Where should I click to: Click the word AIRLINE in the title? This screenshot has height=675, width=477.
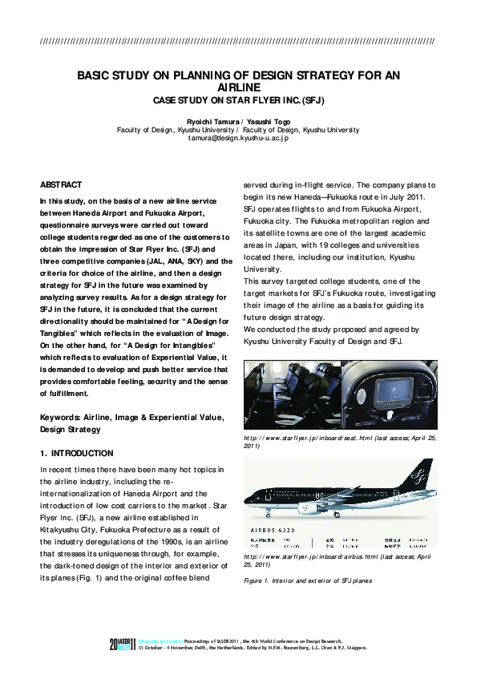[x=238, y=87]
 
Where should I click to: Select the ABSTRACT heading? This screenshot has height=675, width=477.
[x=60, y=184]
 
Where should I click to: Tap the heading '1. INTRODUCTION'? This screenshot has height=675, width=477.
[x=76, y=453]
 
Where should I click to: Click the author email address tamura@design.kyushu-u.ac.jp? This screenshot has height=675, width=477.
[x=238, y=138]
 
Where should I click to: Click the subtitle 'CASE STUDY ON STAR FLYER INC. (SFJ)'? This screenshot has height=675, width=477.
[x=238, y=100]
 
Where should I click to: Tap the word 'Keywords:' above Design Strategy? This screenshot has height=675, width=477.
[x=59, y=418]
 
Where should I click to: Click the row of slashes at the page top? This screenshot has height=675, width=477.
[x=238, y=41]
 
